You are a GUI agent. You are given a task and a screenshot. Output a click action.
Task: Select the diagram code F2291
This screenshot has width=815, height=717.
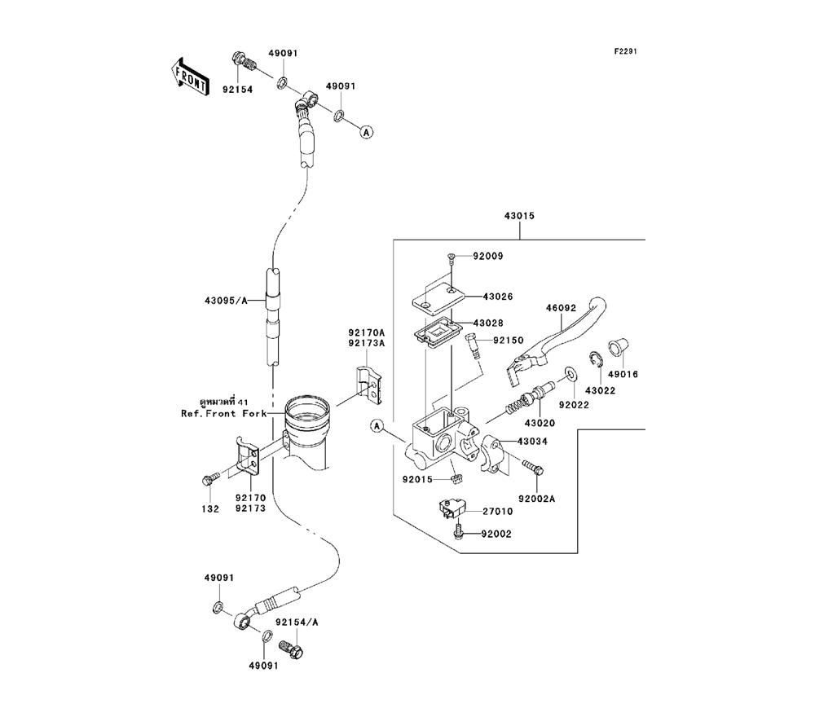625,51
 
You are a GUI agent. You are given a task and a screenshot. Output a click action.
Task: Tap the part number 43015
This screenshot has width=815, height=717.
519,217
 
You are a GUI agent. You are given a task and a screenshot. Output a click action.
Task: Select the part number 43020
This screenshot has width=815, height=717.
539,423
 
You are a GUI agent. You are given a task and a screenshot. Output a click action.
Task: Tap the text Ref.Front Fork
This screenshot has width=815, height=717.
218,413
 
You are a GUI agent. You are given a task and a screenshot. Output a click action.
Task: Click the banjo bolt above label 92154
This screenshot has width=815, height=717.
242,61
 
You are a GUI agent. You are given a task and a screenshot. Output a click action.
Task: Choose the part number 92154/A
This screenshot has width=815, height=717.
296,622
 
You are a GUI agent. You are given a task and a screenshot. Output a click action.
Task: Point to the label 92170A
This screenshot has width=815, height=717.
366,332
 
